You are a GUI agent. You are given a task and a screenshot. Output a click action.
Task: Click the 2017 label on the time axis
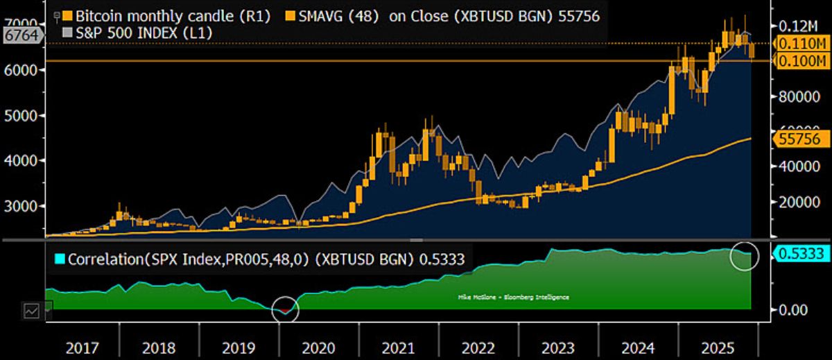pyautogui.click(x=82, y=347)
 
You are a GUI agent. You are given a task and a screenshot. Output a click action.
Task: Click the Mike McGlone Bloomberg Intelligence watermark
pyautogui.click(x=514, y=297)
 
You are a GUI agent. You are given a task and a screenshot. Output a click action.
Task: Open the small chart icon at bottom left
pyautogui.click(x=31, y=311)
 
